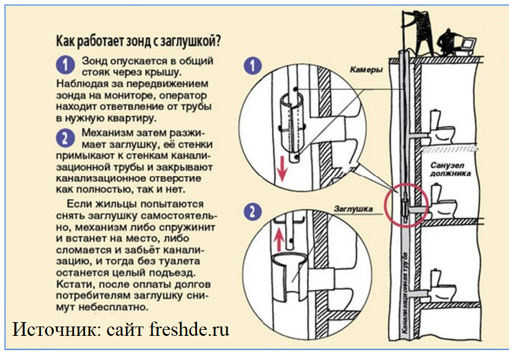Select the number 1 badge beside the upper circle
[x=251, y=66]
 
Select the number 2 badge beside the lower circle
[x=251, y=212]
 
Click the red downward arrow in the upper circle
[x=281, y=169]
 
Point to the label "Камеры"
[x=366, y=70]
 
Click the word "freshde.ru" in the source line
[x=193, y=330]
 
